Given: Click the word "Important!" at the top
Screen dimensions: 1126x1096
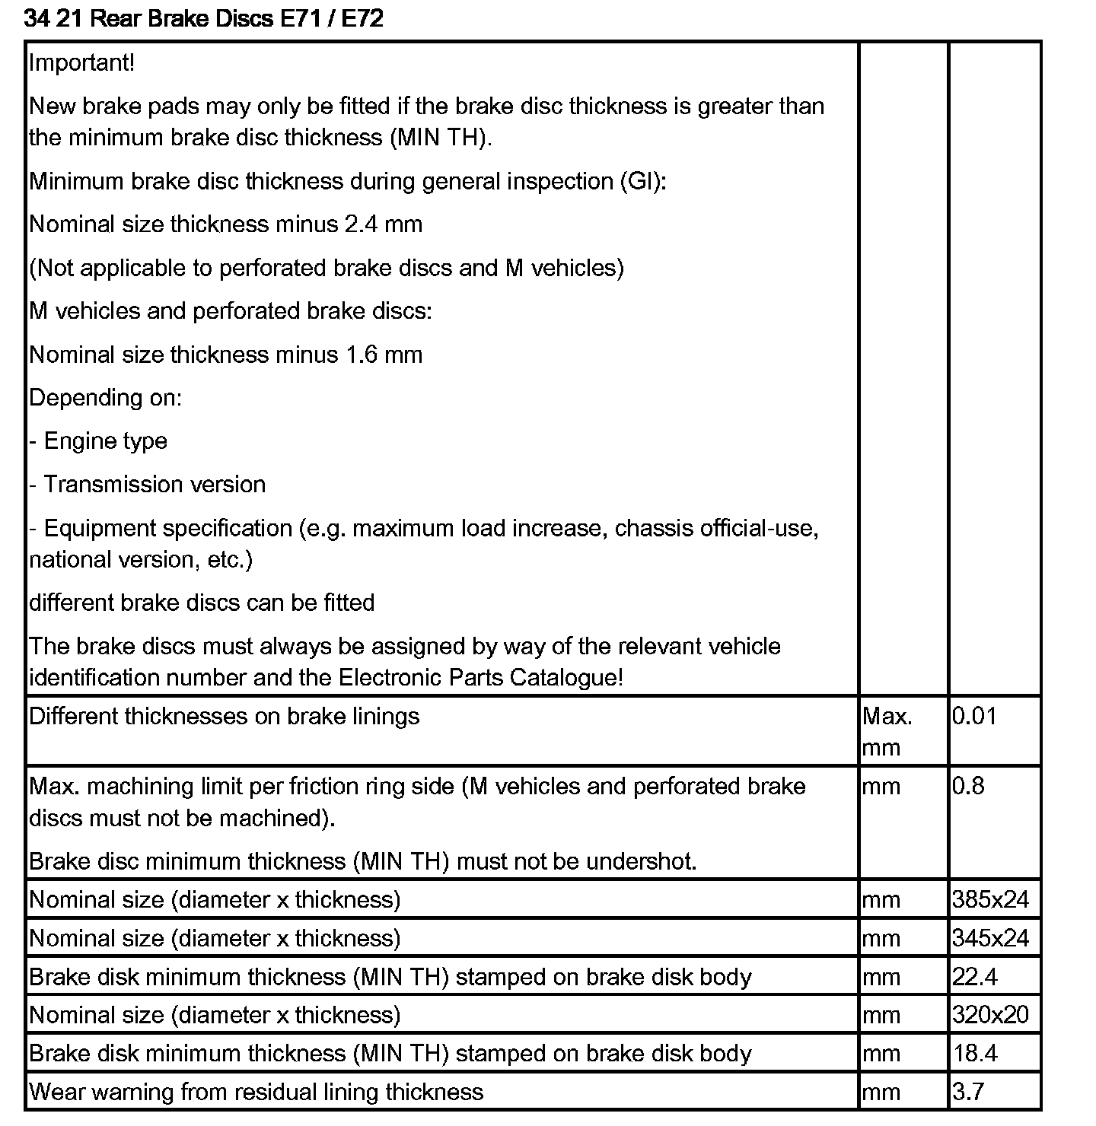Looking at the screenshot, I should tap(81, 62).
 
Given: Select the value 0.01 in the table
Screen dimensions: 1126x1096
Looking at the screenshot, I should tap(973, 716).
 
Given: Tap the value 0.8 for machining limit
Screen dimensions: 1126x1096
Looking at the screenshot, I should tap(967, 786).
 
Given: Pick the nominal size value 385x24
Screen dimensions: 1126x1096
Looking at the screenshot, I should tap(990, 899).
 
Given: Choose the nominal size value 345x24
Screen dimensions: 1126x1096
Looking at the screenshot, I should tap(990, 938).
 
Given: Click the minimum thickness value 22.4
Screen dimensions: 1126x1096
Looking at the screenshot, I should tap(974, 976).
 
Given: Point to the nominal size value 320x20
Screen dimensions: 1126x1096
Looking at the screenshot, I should tap(990, 1015).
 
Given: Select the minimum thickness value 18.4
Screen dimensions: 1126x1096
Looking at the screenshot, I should tap(974, 1053).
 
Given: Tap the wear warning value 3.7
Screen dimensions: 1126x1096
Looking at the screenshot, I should tap(967, 1092).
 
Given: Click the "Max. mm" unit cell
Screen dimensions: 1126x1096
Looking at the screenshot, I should tap(887, 731).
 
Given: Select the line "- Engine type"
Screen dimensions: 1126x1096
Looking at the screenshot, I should tap(98, 441).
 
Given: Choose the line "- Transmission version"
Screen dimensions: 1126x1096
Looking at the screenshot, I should tap(148, 485).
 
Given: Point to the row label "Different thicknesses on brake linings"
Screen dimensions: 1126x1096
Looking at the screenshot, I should tap(224, 716).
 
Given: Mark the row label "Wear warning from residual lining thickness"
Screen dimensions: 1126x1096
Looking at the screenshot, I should tap(256, 1092).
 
